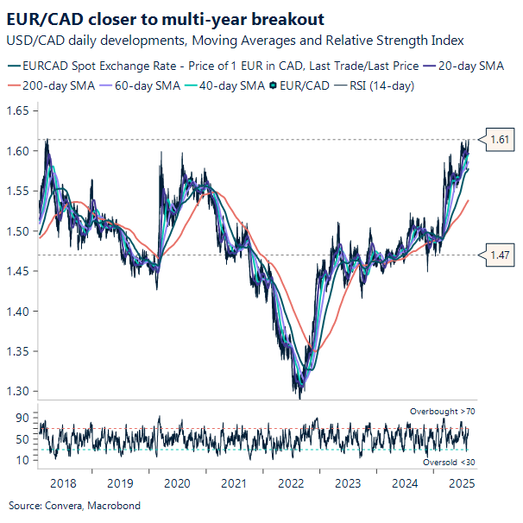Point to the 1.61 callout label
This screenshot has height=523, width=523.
click(x=500, y=138)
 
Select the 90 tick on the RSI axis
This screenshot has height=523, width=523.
click(x=22, y=418)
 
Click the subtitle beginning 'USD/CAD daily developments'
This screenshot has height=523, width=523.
click(x=234, y=41)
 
